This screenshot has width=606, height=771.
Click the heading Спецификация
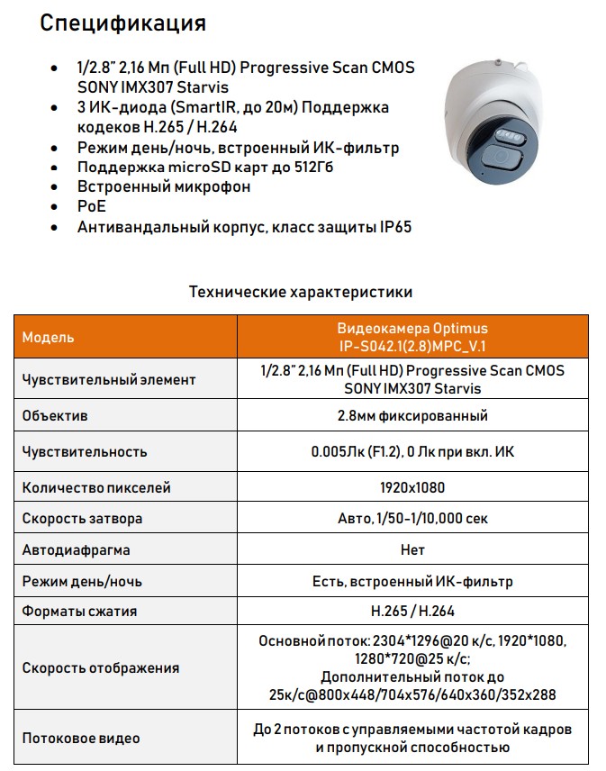[x=123, y=23]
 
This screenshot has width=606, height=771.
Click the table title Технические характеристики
[x=301, y=292]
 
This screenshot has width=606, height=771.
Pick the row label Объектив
[x=55, y=416]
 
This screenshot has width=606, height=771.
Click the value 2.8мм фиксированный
[x=412, y=416]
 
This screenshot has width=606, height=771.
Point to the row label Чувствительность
[x=85, y=451]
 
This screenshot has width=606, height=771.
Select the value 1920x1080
[x=412, y=487]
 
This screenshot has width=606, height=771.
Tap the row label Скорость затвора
[x=82, y=519]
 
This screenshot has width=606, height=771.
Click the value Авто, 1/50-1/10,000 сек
[x=412, y=519]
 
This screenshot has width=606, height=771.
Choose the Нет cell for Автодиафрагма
[x=412, y=549]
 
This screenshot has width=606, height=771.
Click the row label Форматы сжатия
[x=79, y=612]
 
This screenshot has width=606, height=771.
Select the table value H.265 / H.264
[x=412, y=612]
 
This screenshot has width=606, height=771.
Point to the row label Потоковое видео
[x=81, y=739]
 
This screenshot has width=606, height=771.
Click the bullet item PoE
[x=91, y=207]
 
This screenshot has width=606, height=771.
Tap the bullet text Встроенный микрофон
[x=163, y=187]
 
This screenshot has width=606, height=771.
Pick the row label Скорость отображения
[x=100, y=668]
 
